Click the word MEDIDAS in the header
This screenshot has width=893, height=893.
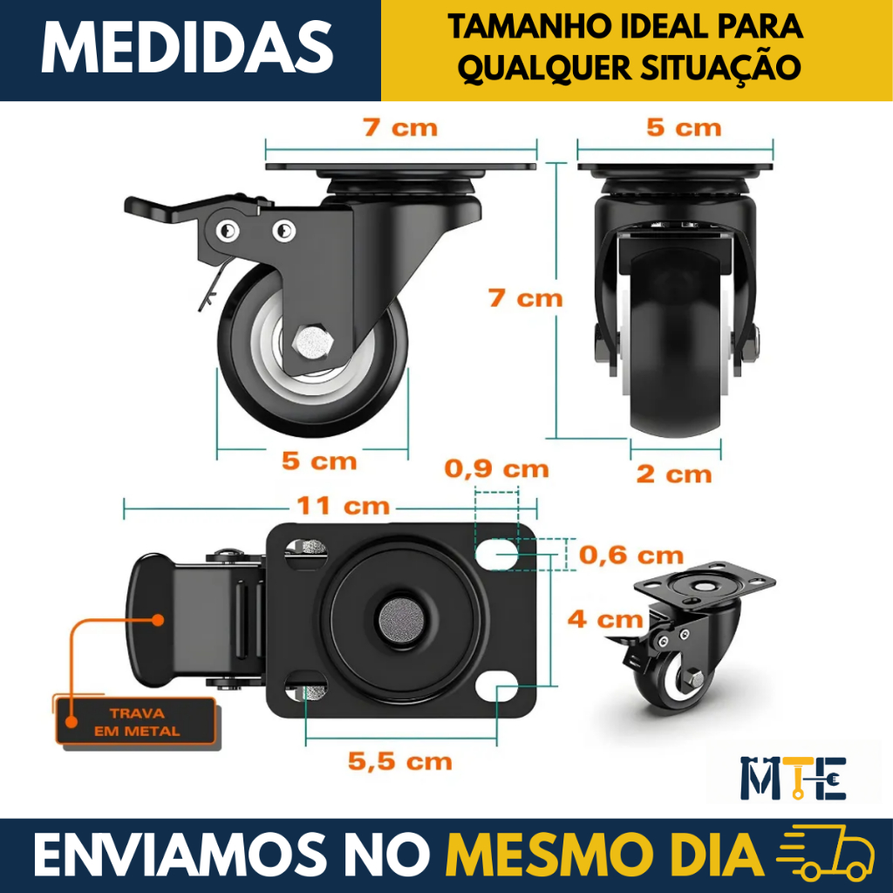[x=187, y=48]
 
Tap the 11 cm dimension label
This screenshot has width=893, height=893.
[x=343, y=505]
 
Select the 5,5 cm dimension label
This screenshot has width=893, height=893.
[x=399, y=761]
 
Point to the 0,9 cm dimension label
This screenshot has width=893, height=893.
[x=496, y=468]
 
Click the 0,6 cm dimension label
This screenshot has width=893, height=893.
[x=631, y=555]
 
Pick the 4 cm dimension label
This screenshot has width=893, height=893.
[x=605, y=619]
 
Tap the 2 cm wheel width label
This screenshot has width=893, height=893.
[x=674, y=474]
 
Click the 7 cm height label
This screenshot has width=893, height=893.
[x=525, y=298]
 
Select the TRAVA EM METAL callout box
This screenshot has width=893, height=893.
[x=135, y=721]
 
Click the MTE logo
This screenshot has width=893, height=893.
[x=794, y=778]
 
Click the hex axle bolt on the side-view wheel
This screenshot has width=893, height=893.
[x=312, y=342]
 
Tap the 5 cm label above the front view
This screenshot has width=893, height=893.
[x=684, y=127]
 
